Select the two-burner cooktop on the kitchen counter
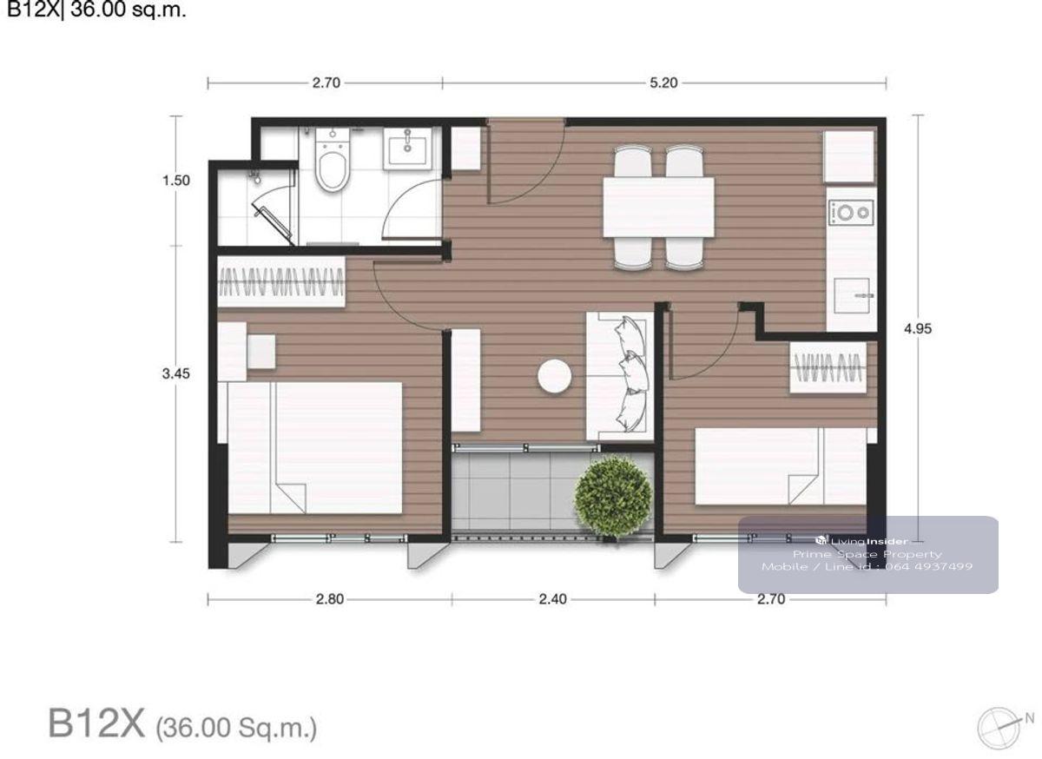click(x=850, y=213)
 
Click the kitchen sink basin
click(x=851, y=295)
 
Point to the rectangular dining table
click(x=658, y=207)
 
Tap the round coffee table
click(x=555, y=376)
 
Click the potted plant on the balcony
click(x=613, y=498)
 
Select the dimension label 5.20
click(x=663, y=82)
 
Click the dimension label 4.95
click(x=917, y=329)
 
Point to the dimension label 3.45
click(x=175, y=373)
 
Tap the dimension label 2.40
click(x=552, y=599)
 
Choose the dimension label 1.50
click(x=175, y=180)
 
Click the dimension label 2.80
click(x=330, y=599)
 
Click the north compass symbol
click(x=999, y=729)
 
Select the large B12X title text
click(x=96, y=723)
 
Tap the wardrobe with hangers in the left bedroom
click(x=281, y=281)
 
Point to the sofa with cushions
click(x=620, y=376)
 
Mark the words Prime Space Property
click(x=867, y=554)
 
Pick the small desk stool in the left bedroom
click(x=261, y=353)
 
